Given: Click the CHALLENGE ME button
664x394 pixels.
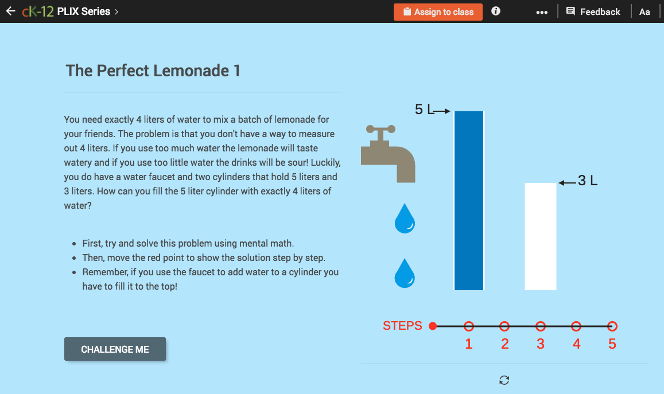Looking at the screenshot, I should [115, 349].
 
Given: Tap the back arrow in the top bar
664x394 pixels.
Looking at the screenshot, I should [10, 11].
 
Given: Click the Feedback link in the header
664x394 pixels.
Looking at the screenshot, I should [593, 11].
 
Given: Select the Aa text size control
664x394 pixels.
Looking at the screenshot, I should [644, 11].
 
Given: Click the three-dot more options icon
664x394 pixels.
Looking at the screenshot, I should [541, 12].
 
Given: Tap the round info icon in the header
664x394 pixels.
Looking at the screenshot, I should [496, 11].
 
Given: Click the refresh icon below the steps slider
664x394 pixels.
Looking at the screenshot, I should [504, 380].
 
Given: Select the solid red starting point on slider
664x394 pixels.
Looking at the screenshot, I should [433, 326].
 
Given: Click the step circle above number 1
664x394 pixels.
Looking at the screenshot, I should [469, 326].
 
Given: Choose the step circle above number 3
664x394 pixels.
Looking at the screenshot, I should [541, 326].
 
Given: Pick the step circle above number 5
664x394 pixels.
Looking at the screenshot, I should [612, 326].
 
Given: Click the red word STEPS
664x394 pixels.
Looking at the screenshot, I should [402, 326].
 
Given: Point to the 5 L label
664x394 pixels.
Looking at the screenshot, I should [424, 110].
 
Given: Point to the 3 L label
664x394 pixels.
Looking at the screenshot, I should [587, 181].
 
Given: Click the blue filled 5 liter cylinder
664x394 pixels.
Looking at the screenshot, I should [469, 201].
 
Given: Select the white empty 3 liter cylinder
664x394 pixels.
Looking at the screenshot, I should [541, 236].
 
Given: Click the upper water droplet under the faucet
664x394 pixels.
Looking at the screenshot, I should [405, 219].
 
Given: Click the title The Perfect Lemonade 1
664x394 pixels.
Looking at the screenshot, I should [153, 71].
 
